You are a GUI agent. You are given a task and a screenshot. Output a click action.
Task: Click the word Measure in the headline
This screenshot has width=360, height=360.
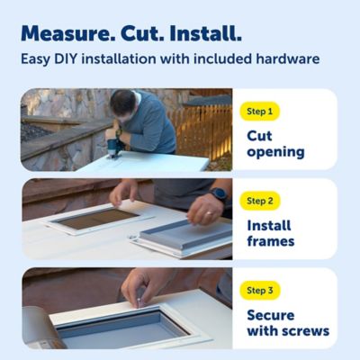[65, 34]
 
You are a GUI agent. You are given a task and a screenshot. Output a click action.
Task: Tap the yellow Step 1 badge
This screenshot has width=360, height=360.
[261, 112]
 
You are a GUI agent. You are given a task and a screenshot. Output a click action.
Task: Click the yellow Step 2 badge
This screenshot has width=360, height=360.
[261, 201]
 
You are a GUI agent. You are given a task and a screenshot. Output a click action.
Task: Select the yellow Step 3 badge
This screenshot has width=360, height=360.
[261, 290]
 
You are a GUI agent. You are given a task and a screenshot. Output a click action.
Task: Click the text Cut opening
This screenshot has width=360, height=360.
[274, 144]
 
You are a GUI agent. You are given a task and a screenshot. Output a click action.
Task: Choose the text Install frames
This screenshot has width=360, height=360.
[271, 233]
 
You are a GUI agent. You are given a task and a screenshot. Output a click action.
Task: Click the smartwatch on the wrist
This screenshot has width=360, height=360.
[219, 194]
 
